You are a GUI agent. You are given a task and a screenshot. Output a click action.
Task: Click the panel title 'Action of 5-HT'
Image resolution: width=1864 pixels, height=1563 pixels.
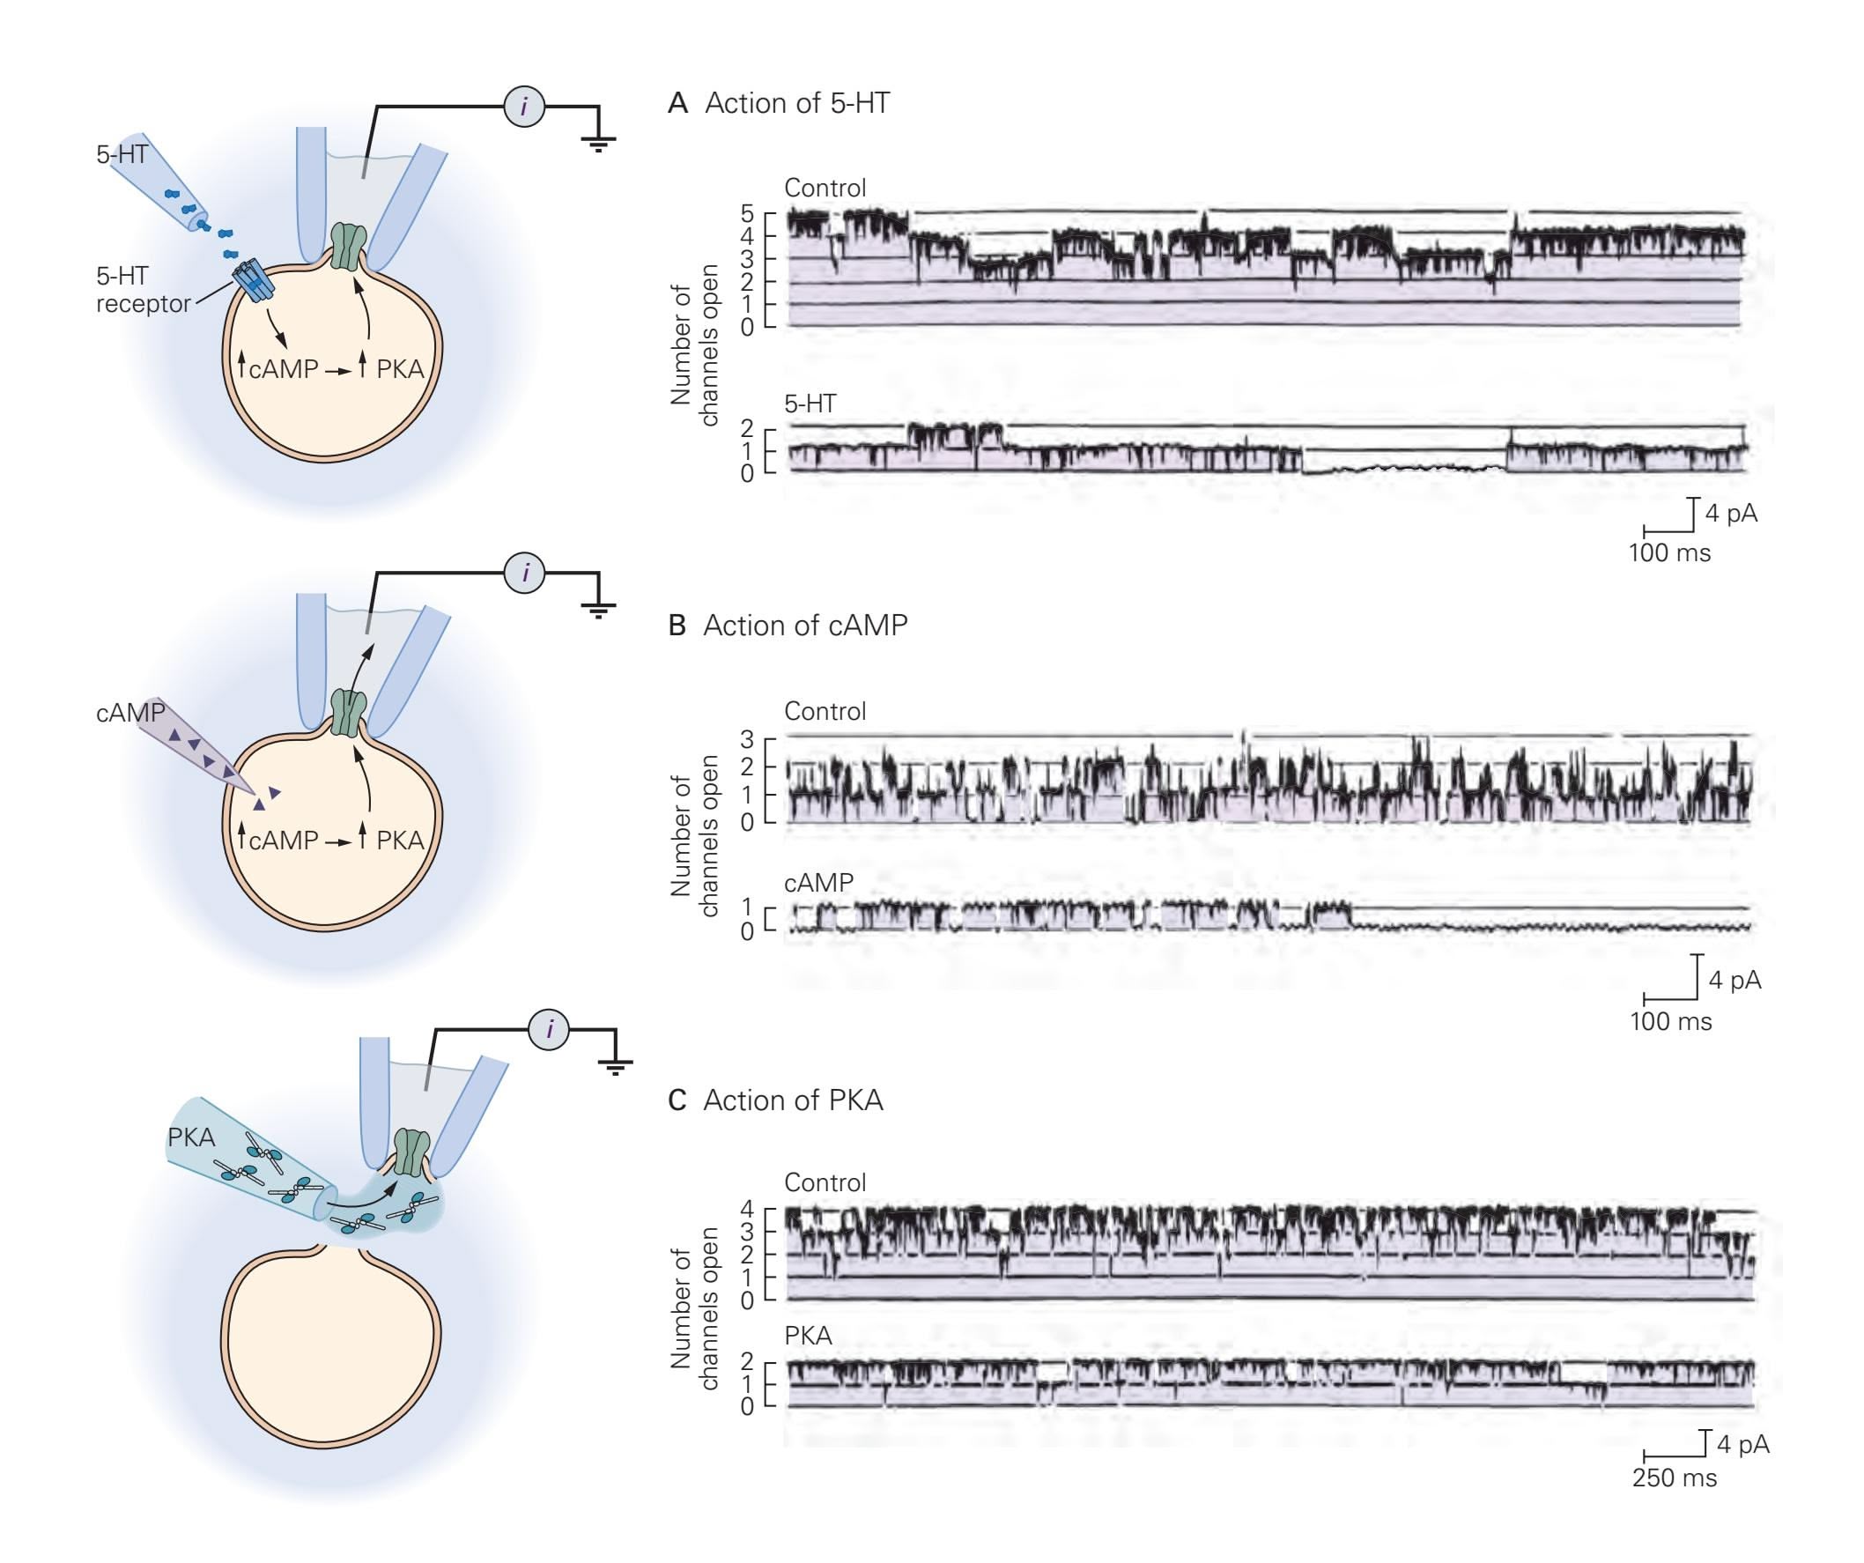tap(796, 103)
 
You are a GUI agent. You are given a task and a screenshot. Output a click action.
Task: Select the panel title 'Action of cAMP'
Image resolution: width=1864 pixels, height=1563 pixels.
tap(805, 626)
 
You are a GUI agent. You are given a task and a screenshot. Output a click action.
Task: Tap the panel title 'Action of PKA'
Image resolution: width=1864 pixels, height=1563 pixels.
tap(793, 1100)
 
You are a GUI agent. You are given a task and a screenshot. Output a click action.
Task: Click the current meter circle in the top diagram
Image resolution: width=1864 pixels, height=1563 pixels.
tap(523, 107)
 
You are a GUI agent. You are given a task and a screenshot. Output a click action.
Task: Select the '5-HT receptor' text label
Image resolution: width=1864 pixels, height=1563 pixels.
tap(142, 289)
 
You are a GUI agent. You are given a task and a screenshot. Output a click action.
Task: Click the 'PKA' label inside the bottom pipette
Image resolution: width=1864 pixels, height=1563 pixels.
tap(191, 1137)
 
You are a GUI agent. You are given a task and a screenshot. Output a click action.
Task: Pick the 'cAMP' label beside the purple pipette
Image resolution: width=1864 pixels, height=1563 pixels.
tap(129, 712)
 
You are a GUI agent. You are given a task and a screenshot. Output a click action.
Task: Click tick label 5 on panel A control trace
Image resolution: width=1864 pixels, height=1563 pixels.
tap(746, 213)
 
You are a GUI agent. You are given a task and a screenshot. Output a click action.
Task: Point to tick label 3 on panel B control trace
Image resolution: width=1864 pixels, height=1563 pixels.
tap(746, 738)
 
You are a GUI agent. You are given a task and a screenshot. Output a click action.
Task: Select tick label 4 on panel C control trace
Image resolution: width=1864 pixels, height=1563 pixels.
tap(746, 1209)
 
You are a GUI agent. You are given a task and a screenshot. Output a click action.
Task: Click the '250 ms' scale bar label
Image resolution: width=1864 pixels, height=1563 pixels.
tap(1674, 1478)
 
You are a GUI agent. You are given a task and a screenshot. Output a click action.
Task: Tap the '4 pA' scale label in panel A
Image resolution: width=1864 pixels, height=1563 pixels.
tap(1731, 513)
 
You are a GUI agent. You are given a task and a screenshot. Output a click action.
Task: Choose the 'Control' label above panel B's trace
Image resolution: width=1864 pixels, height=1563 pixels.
tap(825, 711)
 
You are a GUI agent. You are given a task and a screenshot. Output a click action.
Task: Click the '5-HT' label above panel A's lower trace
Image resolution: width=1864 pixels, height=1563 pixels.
tap(810, 404)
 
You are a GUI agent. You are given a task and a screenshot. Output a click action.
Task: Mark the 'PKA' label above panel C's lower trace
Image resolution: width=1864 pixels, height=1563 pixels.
tap(808, 1336)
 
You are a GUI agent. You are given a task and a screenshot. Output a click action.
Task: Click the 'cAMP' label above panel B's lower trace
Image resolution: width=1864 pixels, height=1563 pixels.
tap(818, 882)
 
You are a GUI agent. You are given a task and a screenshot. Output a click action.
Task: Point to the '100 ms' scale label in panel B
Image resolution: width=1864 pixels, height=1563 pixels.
tap(1670, 1020)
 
